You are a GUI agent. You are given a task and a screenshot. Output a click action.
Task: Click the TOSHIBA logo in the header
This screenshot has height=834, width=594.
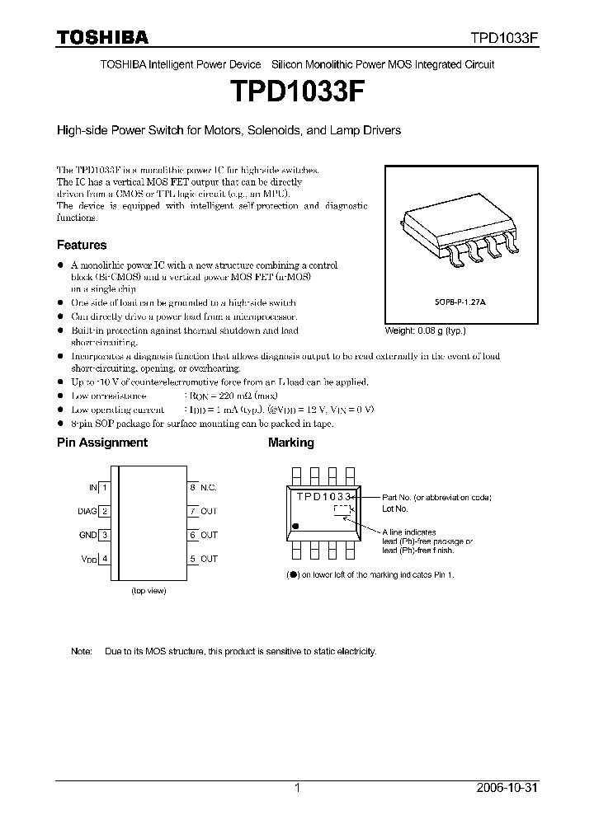(x=102, y=37)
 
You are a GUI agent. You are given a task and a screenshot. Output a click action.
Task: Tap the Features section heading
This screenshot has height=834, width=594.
(x=82, y=245)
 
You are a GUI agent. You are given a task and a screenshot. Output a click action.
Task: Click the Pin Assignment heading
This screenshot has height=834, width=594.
(x=102, y=443)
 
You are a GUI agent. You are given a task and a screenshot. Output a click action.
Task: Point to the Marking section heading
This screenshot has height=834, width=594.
(x=291, y=443)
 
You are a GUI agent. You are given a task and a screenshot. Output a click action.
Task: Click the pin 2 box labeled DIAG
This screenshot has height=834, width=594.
(x=106, y=511)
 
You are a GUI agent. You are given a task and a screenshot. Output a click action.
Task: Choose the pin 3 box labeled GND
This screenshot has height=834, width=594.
(x=106, y=535)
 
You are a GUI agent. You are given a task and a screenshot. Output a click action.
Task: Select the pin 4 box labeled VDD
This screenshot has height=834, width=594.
(x=106, y=559)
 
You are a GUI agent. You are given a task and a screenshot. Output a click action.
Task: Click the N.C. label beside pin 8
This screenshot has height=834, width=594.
(x=209, y=488)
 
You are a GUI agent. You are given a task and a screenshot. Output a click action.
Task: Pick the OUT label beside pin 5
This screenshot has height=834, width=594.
(x=209, y=559)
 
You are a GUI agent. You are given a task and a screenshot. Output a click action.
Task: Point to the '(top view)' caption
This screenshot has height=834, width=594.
(x=149, y=592)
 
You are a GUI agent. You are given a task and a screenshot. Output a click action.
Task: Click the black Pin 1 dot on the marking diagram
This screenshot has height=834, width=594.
(x=299, y=525)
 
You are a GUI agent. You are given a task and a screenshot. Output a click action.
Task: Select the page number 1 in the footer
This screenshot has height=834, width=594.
(x=297, y=788)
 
